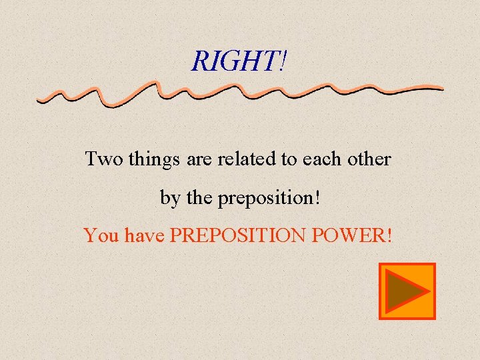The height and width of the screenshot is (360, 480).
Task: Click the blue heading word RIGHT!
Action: click(239, 61)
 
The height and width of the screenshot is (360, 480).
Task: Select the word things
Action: click(154, 160)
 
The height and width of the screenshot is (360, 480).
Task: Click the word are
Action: click(198, 160)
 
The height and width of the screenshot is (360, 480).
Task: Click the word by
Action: click(169, 199)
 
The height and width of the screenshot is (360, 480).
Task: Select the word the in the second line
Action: click(198, 198)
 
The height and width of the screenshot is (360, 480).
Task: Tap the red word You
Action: click(100, 235)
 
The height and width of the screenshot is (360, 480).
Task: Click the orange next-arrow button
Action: click(407, 291)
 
